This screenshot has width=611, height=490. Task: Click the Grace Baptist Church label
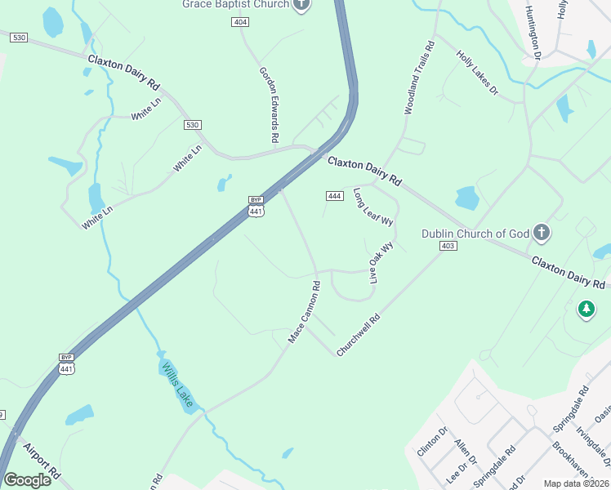(236, 4)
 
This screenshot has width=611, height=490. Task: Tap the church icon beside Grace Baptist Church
(301, 4)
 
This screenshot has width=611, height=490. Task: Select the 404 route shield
(240, 22)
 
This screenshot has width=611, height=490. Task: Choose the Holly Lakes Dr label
(477, 73)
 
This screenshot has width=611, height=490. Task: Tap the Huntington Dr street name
(533, 33)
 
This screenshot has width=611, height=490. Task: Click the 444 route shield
(333, 196)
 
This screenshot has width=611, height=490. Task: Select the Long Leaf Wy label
(372, 207)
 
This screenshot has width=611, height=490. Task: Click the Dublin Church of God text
(475, 234)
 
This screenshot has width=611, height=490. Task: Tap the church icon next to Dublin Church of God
(541, 234)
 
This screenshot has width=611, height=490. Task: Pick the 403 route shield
(447, 246)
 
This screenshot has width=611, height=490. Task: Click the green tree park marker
(585, 309)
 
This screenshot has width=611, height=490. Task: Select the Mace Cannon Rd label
(305, 312)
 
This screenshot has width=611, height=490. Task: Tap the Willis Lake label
(177, 385)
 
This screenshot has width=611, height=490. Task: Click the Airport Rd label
(42, 462)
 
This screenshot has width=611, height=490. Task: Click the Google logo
(28, 480)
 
